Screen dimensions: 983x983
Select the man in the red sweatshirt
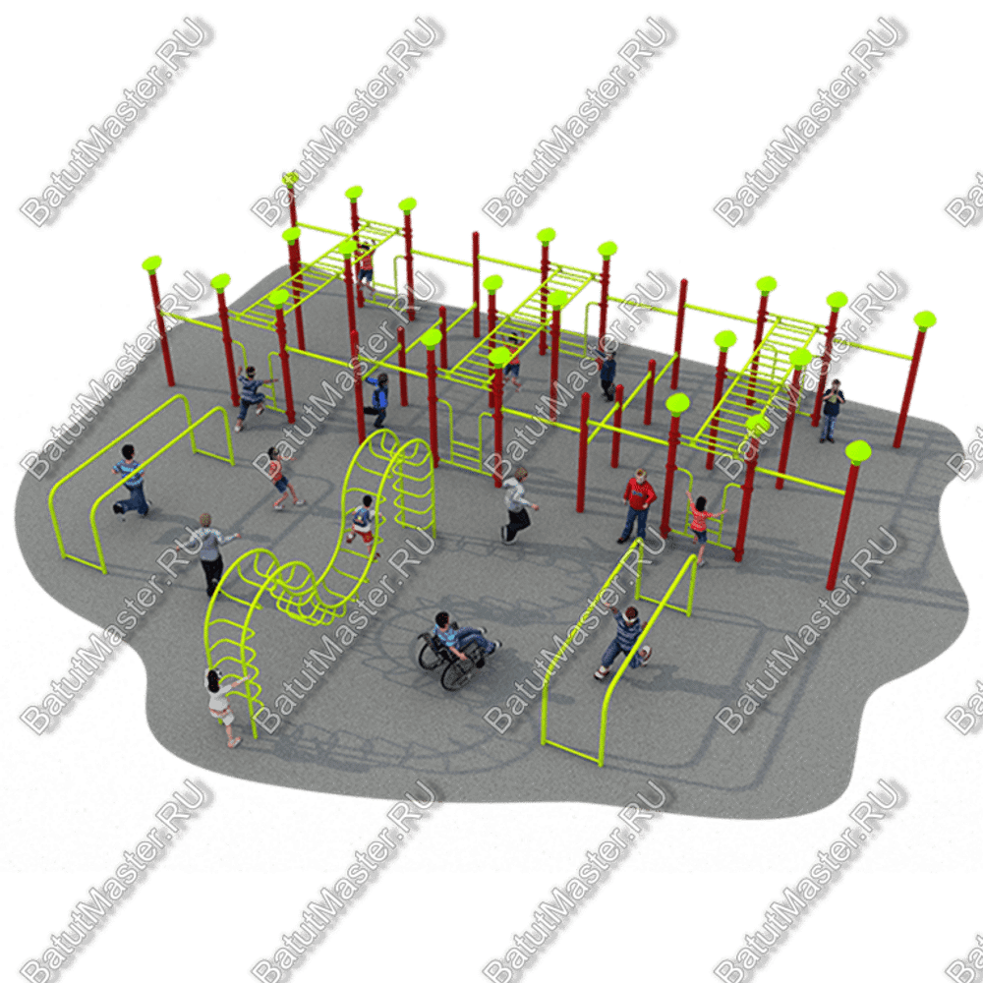pos(638,505)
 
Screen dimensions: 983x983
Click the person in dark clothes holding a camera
pos(832,411)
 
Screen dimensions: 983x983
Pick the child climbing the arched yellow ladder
pos(363,525)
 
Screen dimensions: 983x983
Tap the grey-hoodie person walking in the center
pos(518,505)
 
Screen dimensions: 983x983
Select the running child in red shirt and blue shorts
pos(281,477)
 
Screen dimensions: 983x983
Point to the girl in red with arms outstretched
pos(702,525)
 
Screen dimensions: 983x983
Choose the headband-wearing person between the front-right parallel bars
pos(623,643)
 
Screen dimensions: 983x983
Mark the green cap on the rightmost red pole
pos(925,320)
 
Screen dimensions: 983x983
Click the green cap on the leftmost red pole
pos(151,263)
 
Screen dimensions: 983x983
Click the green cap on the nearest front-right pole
pos(857,451)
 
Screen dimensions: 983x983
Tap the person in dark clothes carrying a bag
pos(607,374)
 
